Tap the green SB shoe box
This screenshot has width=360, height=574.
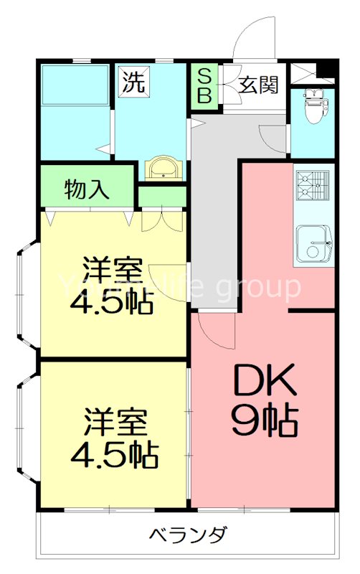coord(204,87)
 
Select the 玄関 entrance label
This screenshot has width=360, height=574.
coord(258,85)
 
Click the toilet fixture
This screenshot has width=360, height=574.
coord(313,108)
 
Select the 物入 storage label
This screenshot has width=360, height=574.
coord(87,189)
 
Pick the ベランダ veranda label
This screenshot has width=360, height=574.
coord(189,535)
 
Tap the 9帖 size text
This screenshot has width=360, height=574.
coord(264,422)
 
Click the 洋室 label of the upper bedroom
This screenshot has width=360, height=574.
coord(108,271)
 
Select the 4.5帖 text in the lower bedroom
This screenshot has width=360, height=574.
coord(115,454)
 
